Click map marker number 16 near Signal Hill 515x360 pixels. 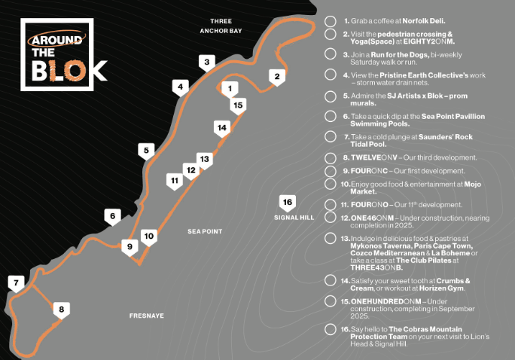[286, 202]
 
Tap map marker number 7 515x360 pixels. [14, 284]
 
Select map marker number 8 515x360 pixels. [62, 308]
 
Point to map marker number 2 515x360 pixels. [276, 76]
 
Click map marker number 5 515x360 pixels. [146, 151]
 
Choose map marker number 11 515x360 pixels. [174, 181]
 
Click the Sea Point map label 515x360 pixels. [204, 231]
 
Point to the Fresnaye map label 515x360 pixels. [146, 316]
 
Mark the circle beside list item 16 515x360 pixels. [330, 329]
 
